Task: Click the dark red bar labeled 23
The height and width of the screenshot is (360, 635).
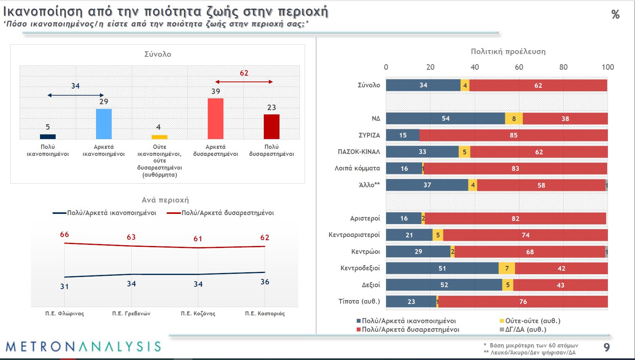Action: (271, 127)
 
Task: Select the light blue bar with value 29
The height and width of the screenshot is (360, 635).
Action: (104, 124)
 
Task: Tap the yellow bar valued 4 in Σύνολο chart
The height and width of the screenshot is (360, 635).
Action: (160, 137)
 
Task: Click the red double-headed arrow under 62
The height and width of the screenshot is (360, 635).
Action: (244, 82)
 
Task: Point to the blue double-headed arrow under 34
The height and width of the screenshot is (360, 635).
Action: (75, 95)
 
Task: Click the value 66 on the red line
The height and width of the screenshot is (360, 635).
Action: (64, 234)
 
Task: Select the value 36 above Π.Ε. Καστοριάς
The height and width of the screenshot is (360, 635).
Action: (265, 282)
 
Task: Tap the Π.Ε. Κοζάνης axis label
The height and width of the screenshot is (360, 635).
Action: (198, 313)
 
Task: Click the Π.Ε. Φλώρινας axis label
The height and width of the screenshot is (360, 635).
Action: (65, 313)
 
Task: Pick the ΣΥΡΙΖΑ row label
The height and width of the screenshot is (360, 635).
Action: (369, 135)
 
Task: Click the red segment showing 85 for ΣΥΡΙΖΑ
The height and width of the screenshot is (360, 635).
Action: (513, 135)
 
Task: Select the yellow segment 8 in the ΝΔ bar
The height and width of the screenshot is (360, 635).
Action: (513, 119)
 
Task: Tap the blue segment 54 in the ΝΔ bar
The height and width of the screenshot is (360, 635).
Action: (445, 119)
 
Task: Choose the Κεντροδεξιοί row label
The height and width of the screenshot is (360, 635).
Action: (360, 268)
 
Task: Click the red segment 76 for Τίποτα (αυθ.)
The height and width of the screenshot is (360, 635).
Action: (523, 302)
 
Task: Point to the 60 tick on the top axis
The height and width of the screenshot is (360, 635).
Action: (519, 67)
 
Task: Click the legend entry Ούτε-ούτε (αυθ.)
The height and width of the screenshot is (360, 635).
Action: (532, 321)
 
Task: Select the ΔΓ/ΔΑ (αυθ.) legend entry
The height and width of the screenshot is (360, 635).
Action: (525, 329)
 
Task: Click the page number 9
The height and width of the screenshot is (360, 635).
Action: (606, 347)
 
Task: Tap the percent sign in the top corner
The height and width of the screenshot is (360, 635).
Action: (615, 15)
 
